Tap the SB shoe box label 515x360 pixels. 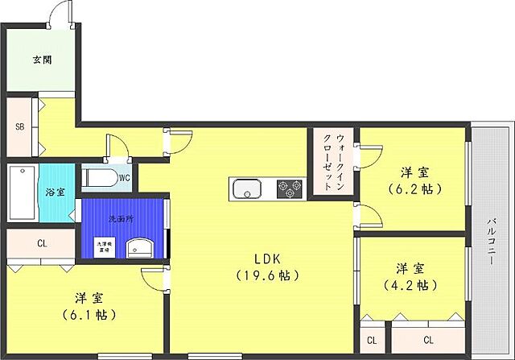click(x=19, y=126)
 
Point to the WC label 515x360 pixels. click(x=125, y=178)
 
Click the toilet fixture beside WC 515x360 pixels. click(x=99, y=177)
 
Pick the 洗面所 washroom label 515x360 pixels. click(x=122, y=219)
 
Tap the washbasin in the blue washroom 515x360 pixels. click(x=141, y=247)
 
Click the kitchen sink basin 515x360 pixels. click(x=247, y=190)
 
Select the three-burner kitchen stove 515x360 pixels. click(x=290, y=189)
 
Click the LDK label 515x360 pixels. click(x=267, y=259)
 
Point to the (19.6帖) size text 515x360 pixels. click(x=268, y=276)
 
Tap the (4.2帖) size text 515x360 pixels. click(x=411, y=285)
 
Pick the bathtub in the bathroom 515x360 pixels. click(x=21, y=193)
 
